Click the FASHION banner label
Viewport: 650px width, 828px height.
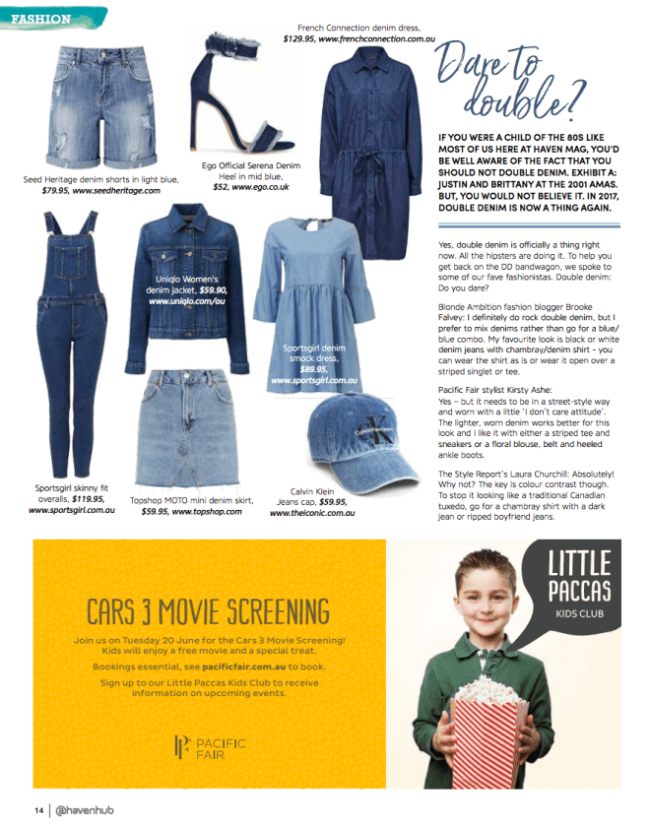coord(42,19)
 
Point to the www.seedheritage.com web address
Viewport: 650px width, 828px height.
coord(116,190)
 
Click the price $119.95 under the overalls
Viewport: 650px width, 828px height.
coord(94,499)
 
